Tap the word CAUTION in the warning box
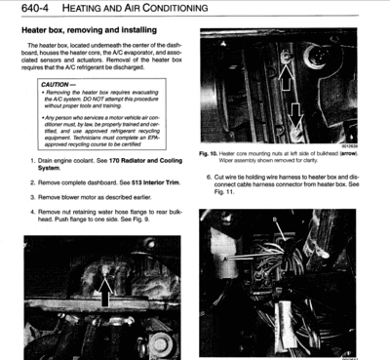tap(49, 85)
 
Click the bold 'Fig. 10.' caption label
tap(211, 153)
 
